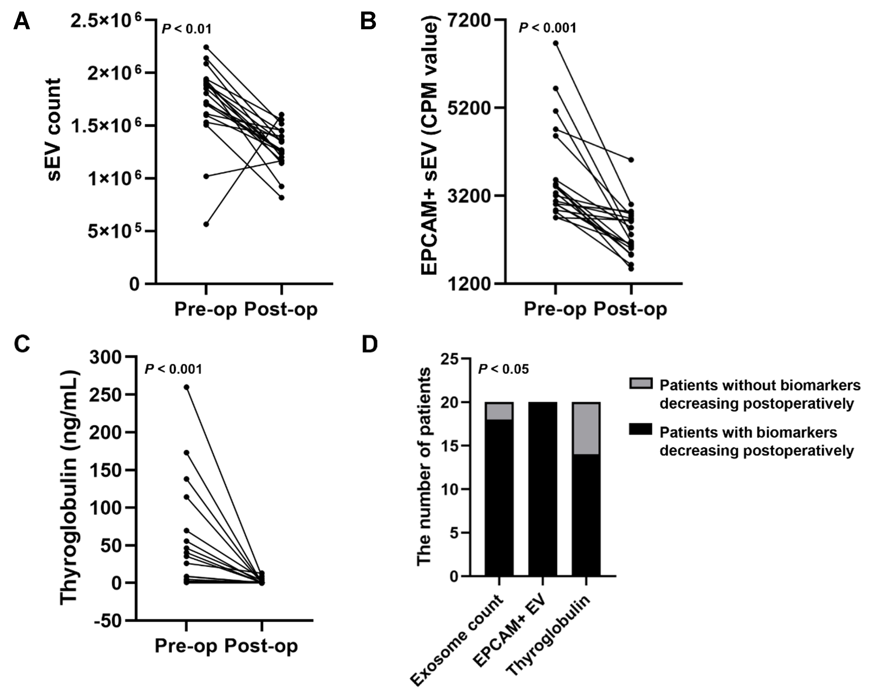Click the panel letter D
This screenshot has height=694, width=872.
[369, 345]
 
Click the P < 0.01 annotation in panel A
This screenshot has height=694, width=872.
[186, 29]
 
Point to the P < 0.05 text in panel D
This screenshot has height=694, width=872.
[503, 369]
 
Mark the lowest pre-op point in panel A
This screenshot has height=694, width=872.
[206, 224]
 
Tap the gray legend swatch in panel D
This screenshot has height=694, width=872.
[641, 383]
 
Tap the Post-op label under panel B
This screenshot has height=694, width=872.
[630, 309]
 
